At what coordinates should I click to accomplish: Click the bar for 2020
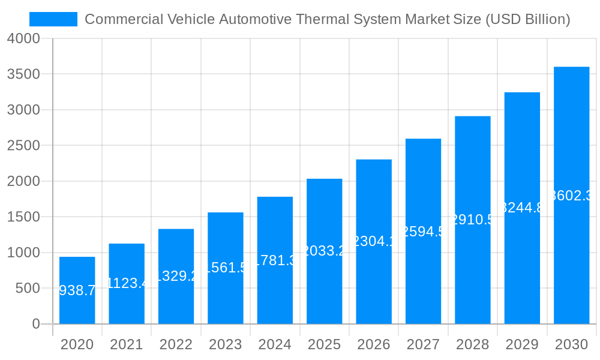tap(77, 290)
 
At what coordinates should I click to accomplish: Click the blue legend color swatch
tap(53, 19)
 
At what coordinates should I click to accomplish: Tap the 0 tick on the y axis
tap(36, 324)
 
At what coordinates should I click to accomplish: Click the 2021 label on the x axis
tap(127, 344)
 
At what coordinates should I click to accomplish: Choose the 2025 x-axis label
tap(324, 344)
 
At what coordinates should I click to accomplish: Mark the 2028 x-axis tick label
tap(473, 344)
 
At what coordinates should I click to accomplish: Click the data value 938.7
tap(77, 290)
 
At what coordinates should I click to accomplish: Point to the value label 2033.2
tap(324, 251)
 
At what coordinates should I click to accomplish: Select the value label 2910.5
tap(473, 220)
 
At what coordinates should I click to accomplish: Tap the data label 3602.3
tap(572, 195)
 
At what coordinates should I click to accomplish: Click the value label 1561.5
tap(226, 268)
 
